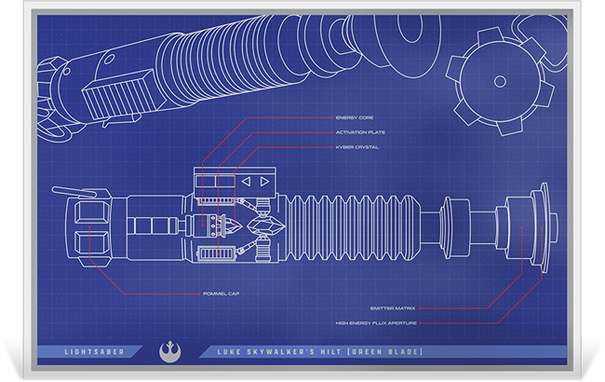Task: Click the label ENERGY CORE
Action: [x=353, y=118]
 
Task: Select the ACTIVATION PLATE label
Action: [x=359, y=132]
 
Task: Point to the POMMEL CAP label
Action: [x=222, y=293]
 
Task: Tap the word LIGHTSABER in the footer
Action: [x=89, y=351]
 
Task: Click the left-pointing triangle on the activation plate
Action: [x=246, y=183]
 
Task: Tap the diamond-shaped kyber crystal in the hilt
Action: [x=262, y=226]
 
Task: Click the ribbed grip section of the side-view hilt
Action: [x=349, y=228]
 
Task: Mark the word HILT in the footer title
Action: [x=322, y=351]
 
